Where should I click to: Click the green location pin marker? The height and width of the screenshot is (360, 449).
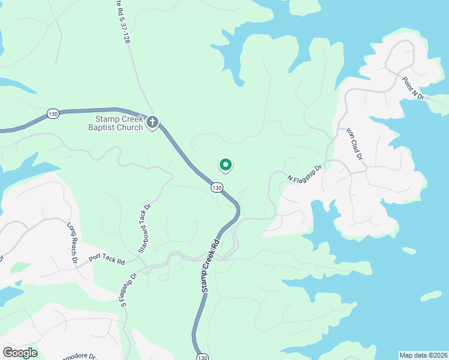click(225, 164)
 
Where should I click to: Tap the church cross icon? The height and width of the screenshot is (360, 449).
click(152, 123)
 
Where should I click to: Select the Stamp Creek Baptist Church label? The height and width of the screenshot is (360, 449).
click(116, 123)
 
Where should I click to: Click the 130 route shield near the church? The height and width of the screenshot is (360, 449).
click(53, 113)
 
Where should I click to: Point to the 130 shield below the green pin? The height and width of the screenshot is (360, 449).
click(217, 188)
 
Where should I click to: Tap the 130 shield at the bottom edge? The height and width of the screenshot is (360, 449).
click(202, 356)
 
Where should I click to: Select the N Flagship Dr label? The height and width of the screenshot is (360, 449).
click(305, 175)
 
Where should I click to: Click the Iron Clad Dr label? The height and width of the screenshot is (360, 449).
click(355, 143)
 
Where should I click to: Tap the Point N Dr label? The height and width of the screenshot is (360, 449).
click(413, 88)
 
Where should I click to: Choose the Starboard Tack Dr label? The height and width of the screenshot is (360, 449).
click(144, 228)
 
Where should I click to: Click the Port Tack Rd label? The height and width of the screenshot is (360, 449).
click(106, 259)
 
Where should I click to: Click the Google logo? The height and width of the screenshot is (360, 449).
click(20, 353)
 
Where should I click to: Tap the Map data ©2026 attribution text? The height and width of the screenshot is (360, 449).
click(423, 355)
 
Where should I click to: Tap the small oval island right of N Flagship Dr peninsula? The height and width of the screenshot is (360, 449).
click(409, 250)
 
